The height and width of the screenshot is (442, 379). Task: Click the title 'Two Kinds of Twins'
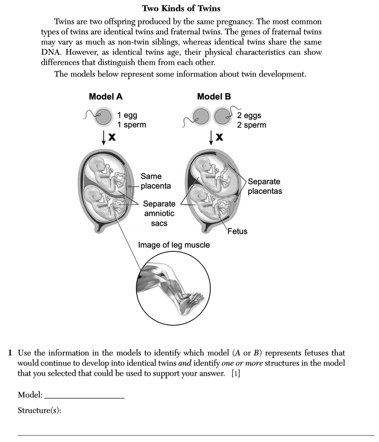[181, 8]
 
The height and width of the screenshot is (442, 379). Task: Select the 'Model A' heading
[106, 96]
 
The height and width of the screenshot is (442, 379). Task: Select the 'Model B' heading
[214, 96]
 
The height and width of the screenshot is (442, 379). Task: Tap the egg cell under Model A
[104, 117]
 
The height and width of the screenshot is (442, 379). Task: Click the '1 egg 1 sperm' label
[131, 120]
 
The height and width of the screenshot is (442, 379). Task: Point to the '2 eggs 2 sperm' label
[251, 120]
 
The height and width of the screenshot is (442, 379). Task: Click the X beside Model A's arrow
[112, 137]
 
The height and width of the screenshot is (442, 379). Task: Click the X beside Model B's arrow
[220, 137]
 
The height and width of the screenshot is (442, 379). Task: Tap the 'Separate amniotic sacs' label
[159, 213]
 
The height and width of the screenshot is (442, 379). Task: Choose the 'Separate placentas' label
[264, 186]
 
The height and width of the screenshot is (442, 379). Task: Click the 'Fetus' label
[237, 231]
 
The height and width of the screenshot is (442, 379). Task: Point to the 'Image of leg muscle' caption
[174, 245]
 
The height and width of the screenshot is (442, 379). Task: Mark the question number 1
[10, 353]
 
